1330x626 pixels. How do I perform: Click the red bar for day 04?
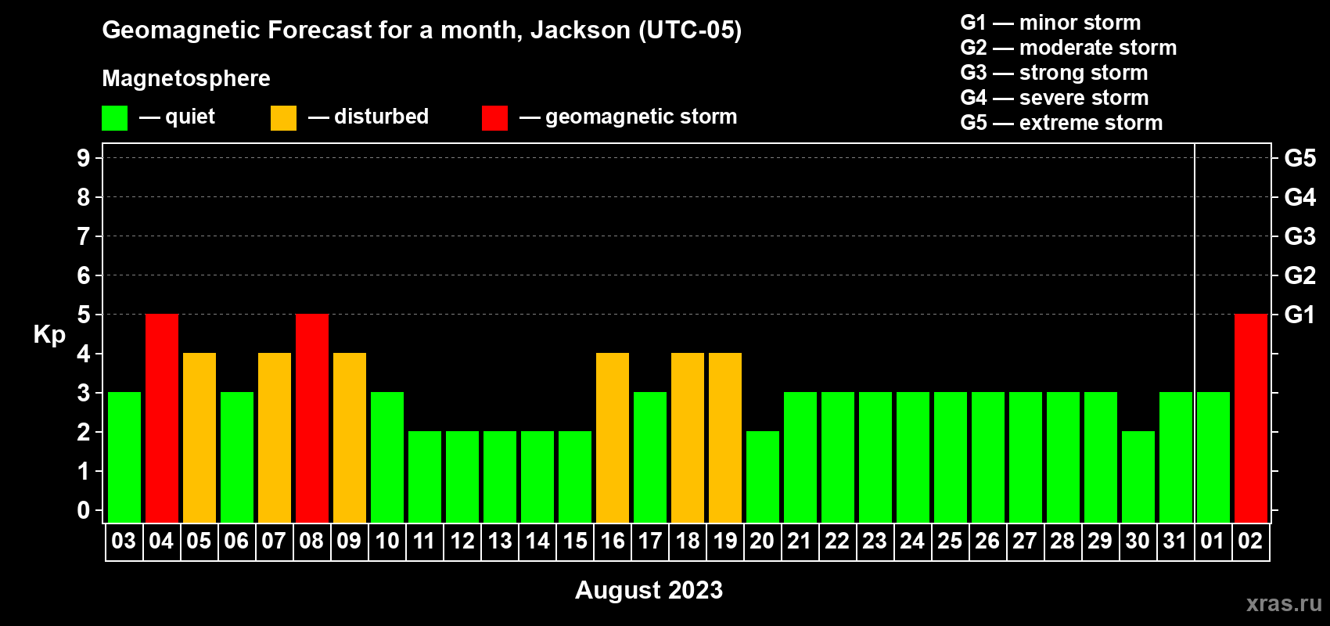pos(162,418)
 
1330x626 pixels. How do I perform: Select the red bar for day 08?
pos(312,418)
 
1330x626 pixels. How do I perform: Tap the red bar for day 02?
pos(1251,418)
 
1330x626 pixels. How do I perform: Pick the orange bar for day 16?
pos(613,437)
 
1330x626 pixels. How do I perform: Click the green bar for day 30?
pos(1138,477)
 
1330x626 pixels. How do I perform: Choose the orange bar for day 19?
pos(725,437)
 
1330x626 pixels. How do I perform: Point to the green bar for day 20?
pos(763,477)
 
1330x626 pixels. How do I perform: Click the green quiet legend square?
pos(114,117)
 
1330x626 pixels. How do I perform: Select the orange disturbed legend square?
pos(283,117)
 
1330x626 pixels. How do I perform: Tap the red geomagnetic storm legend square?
pos(494,117)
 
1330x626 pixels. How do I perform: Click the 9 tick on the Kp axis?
pos(83,158)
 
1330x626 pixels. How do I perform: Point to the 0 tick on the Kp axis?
pos(83,510)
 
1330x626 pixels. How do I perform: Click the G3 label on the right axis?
pos(1299,236)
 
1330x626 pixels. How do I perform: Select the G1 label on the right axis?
pos(1299,315)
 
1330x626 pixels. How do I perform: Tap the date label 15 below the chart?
pos(575,541)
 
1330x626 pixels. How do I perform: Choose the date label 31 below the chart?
pos(1176,541)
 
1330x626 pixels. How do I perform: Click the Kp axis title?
pos(49,335)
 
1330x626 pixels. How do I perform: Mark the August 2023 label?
pos(649,590)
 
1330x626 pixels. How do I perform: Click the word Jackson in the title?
pos(580,30)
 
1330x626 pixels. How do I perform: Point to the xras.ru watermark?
pos(1284,603)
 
